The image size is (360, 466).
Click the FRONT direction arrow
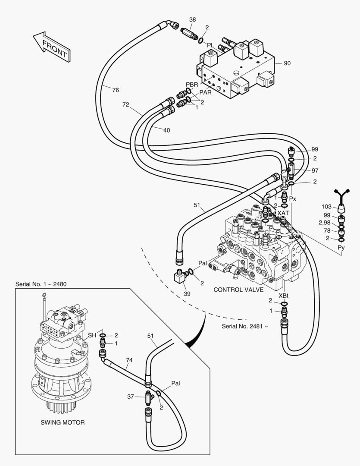point(50,47)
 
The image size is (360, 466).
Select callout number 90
point(287,63)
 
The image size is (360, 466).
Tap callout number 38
point(192,19)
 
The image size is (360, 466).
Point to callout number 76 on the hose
point(115,90)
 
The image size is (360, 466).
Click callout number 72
point(126,104)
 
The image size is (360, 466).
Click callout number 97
point(315,171)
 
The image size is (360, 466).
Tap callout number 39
point(186,293)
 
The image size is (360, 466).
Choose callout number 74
point(129,360)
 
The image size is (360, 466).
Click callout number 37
point(131,396)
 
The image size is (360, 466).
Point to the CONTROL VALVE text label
point(238,290)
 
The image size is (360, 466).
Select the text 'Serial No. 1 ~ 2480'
point(41,284)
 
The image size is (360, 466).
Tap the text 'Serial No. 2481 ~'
point(244,326)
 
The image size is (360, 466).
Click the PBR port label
point(191,84)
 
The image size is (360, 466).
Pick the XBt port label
point(283,296)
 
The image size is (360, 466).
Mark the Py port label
point(341,247)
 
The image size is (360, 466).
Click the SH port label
point(92,335)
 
